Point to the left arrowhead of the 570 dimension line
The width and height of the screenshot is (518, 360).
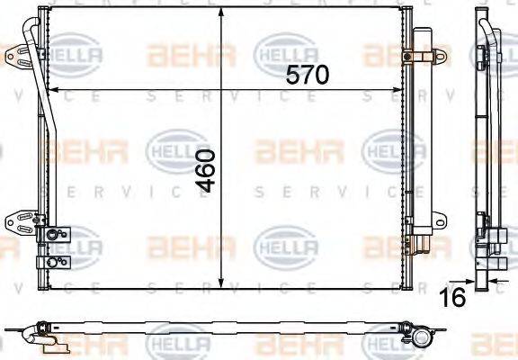(x=49, y=89)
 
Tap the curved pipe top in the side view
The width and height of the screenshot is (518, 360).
(x=489, y=31)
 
